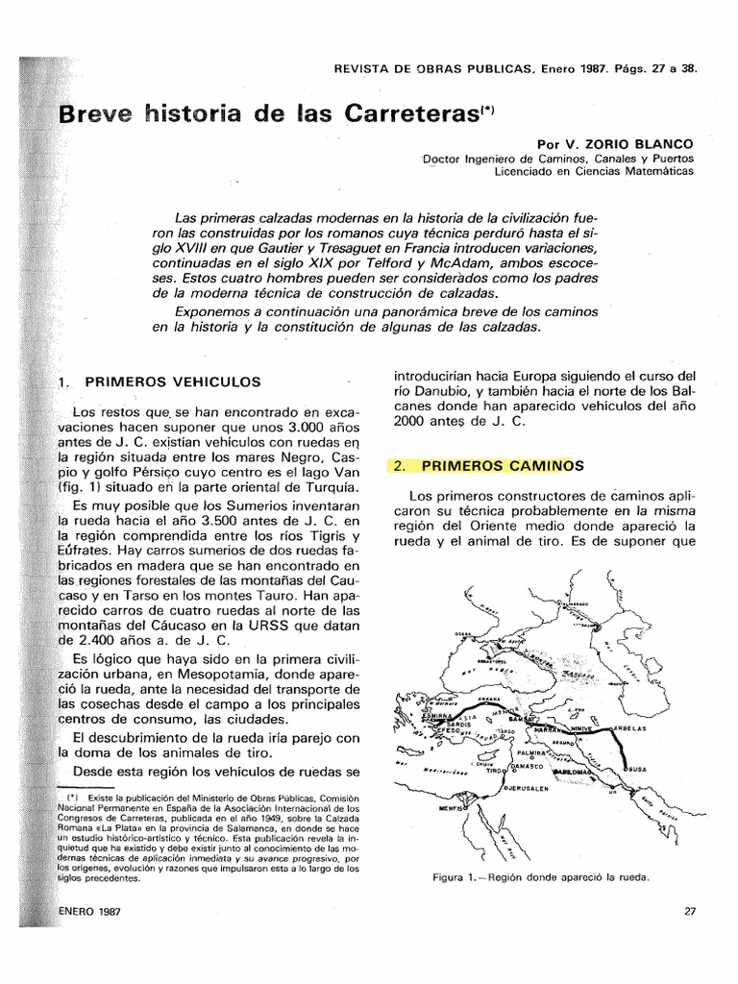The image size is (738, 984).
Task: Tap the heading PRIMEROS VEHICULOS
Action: [x=173, y=381]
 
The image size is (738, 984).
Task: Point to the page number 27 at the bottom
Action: [x=689, y=911]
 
